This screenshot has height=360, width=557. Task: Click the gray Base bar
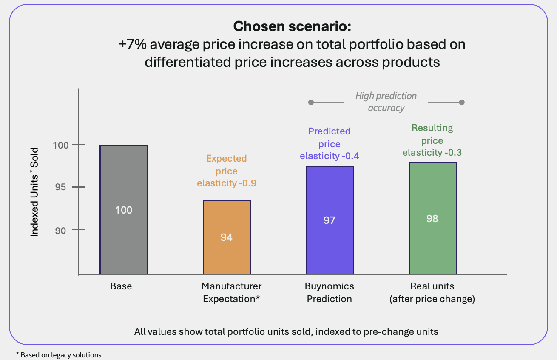point(124,210)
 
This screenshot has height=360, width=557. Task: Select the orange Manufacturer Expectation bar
point(227,237)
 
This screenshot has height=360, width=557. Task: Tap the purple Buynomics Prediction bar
point(330,220)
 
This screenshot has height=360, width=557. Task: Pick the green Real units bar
point(432,218)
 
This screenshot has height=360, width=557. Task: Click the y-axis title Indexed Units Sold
point(34,192)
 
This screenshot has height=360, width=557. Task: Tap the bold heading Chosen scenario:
point(292,26)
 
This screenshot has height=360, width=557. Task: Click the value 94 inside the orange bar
point(227,237)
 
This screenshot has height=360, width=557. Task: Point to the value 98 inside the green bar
point(432,218)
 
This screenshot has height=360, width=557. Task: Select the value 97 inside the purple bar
point(330,220)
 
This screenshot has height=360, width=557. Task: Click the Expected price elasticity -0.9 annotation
point(227,171)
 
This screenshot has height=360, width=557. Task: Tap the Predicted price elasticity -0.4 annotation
point(330,144)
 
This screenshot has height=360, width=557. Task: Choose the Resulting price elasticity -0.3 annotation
point(432,140)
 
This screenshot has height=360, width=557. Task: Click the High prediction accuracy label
point(386,102)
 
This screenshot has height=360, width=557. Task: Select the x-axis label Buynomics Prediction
point(330,292)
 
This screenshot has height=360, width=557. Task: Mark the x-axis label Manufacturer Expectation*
point(231,292)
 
